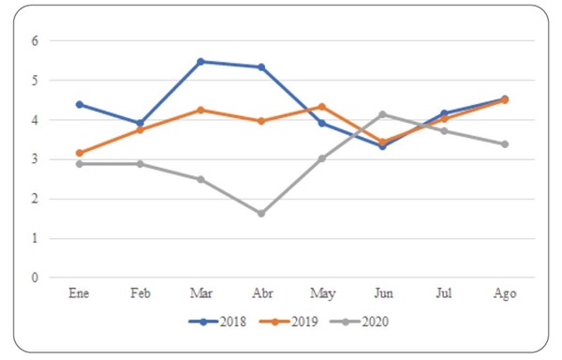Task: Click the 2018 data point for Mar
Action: pyautogui.click(x=200, y=62)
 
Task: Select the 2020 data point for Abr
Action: pyautogui.click(x=261, y=214)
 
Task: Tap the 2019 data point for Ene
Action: pyautogui.click(x=80, y=153)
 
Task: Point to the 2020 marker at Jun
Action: pyautogui.click(x=382, y=114)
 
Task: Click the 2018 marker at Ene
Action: pyautogui.click(x=80, y=104)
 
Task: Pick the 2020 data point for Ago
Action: pyautogui.click(x=504, y=144)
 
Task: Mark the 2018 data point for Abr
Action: pyautogui.click(x=261, y=67)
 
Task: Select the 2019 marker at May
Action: pyautogui.click(x=321, y=107)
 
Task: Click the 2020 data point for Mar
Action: pyautogui.click(x=200, y=179)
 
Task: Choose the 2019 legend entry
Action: pyautogui.click(x=291, y=322)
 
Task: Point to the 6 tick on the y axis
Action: pyautogui.click(x=35, y=41)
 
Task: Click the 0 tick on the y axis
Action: pyautogui.click(x=35, y=277)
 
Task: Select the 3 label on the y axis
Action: pyautogui.click(x=35, y=159)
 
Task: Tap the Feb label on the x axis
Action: pyautogui.click(x=140, y=293)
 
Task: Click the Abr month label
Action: pyautogui.click(x=261, y=293)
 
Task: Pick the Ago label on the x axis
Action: pyautogui.click(x=504, y=293)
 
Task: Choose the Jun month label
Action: pyautogui.click(x=382, y=293)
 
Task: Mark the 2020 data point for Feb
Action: pyautogui.click(x=140, y=164)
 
